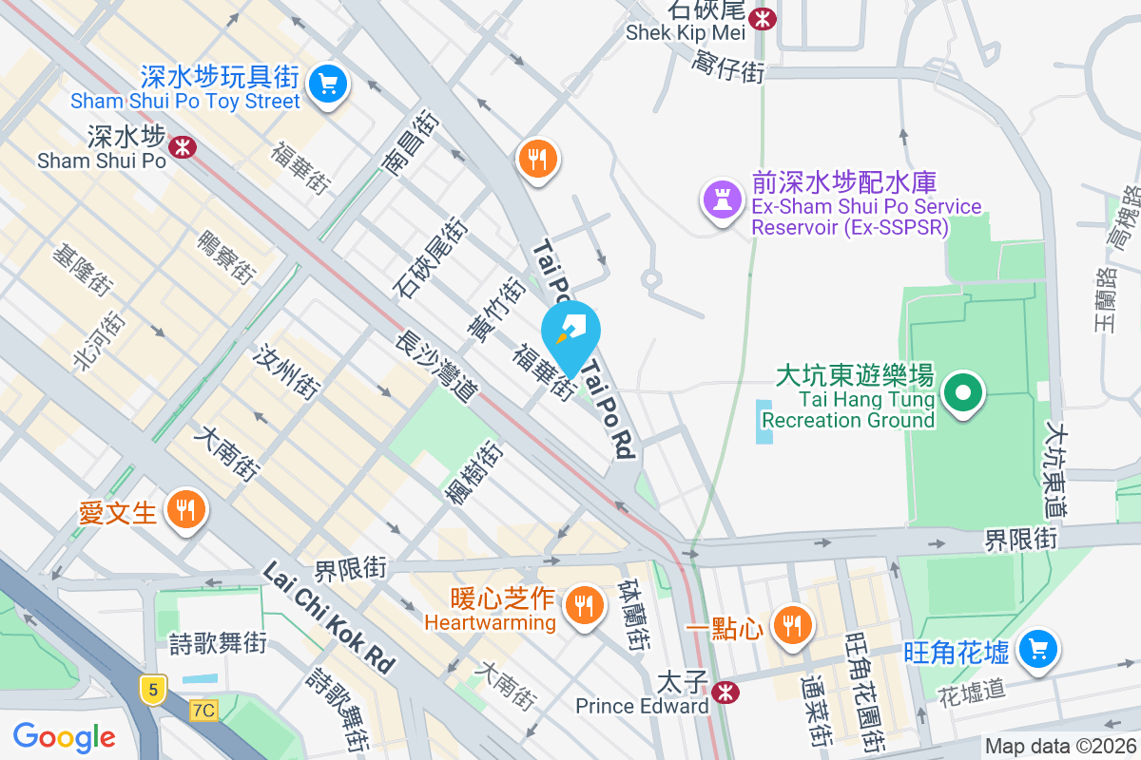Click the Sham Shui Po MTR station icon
183,146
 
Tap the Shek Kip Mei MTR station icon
762,17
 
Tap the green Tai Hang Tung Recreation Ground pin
963,392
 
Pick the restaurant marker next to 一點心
791,623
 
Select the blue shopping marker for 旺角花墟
1036,650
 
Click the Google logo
65,736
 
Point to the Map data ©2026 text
1059,747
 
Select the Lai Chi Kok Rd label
328,618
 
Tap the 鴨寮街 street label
226,256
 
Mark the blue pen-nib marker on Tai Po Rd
570,331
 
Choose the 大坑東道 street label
1057,471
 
